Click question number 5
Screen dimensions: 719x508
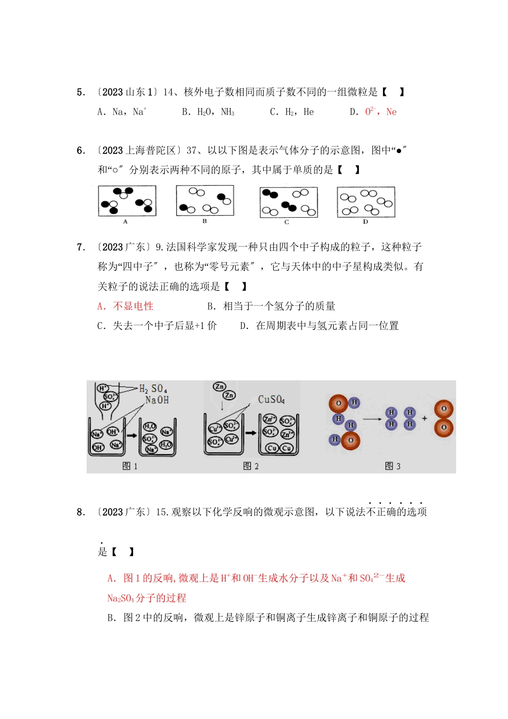tap(81, 92)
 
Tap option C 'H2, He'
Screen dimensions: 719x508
tap(292, 112)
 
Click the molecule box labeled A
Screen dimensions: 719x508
tap(127, 201)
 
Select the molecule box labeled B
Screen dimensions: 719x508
tap(205, 201)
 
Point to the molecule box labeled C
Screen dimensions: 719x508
tap(288, 202)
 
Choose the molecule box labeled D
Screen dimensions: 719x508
tap(366, 202)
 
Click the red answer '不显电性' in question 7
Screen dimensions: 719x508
tap(126, 306)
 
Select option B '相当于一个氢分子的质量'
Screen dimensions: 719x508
tap(271, 306)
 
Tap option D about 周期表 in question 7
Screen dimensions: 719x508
tap(319, 326)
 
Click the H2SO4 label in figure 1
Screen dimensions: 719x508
tap(153, 388)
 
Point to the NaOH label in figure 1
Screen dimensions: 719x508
tap(157, 400)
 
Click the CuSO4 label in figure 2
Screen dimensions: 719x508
tap(271, 399)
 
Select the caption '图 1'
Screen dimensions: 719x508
tap(130, 466)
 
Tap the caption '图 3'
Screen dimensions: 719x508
tap(392, 466)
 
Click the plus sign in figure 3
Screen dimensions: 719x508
tap(425, 418)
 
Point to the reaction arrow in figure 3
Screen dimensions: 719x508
tap(372, 418)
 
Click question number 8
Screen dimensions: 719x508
tap(81, 512)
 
